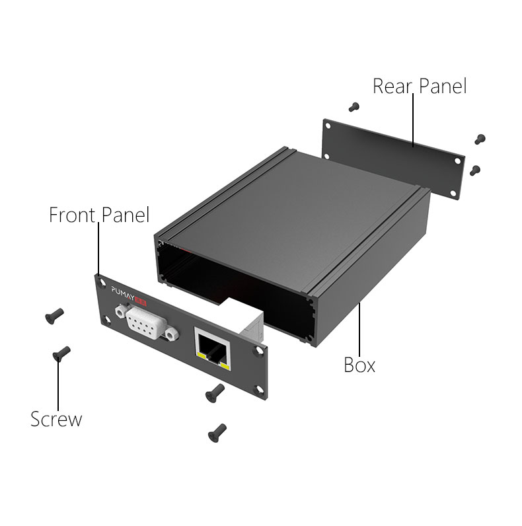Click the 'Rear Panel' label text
pos(420,86)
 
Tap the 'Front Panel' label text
pos(99,215)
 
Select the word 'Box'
pos(359,365)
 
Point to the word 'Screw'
pos(56,420)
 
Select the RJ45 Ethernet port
pos(213,349)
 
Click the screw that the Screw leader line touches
pos(61,354)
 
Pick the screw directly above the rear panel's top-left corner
pos(354,107)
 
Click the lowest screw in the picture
pos(217,433)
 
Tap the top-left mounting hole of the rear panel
pos(328,126)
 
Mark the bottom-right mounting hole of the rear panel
pos(453,193)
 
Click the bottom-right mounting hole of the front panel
pos(259,389)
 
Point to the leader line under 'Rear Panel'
pos(413,120)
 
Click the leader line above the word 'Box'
pos(359,330)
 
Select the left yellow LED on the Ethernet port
pos(203,356)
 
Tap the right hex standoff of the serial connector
pos(172,334)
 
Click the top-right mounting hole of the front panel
pos(259,351)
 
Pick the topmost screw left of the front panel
pos(54,316)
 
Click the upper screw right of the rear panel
pos(480,139)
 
